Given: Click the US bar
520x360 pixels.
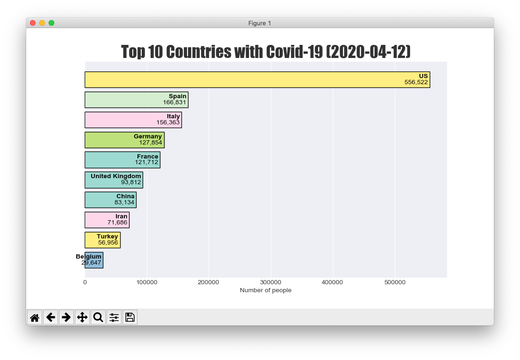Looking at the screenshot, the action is coord(257,79).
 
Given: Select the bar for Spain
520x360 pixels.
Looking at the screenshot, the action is coord(136,100).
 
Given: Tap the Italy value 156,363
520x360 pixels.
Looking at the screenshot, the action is coord(168,122).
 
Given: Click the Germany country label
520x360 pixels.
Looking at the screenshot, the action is coord(148,136).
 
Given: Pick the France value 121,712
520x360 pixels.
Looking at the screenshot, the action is coord(146,162).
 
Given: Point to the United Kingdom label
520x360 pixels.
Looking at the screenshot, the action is coord(116,176).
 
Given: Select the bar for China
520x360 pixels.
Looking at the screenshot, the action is coord(110,200).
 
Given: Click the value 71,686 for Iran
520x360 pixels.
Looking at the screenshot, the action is coord(117,223).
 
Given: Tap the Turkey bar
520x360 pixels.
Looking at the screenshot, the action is coord(102,240).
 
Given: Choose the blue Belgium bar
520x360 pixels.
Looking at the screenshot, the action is coord(94,260).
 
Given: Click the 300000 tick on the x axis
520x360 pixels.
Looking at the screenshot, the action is coord(271,282).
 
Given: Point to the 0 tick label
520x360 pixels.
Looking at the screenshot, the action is coord(85,282).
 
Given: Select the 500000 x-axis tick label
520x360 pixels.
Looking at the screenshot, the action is coord(395,282).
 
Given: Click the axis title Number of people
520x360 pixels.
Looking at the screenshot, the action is coord(266,290).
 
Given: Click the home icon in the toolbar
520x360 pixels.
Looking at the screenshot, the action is coord(35,317).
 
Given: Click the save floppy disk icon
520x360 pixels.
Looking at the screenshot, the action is coord(130,317).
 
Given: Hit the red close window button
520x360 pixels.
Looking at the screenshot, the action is coord(33,23).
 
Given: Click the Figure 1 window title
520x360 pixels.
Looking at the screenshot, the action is coord(260,23).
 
